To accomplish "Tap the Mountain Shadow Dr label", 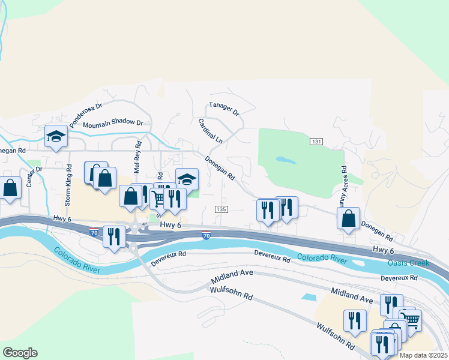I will (113, 124).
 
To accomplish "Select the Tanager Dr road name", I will (224, 109).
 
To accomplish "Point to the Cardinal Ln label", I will (210, 131).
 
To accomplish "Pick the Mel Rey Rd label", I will (137, 158).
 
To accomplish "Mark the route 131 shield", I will (317, 142).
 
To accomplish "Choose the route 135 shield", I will (221, 209).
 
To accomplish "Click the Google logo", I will (20, 353).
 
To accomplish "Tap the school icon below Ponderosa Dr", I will (56, 136).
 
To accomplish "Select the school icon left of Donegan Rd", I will (187, 179).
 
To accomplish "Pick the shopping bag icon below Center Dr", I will (11, 188).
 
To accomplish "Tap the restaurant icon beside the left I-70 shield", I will (112, 236).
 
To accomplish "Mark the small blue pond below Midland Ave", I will (309, 297).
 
